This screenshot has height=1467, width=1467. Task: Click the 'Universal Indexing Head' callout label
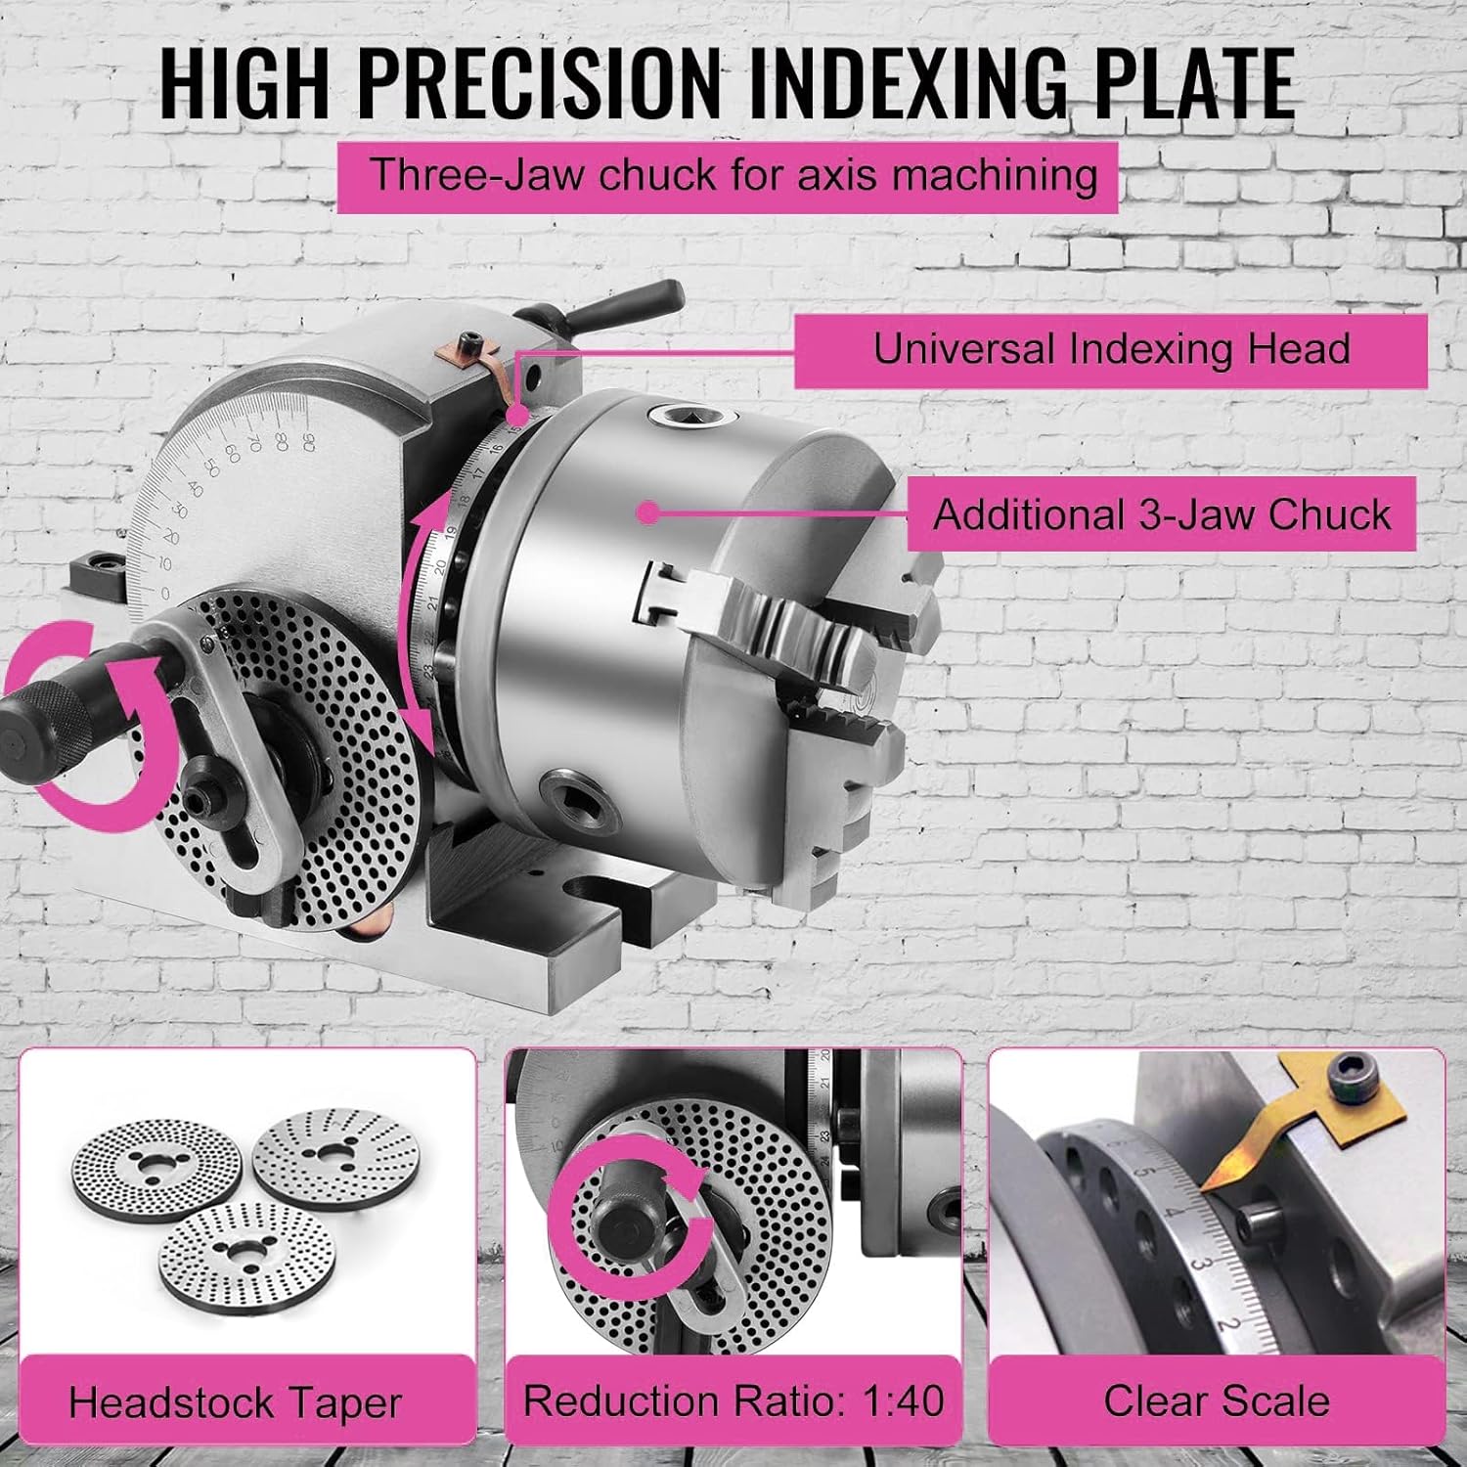1110,349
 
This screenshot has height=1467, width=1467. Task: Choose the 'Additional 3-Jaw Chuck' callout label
1161,514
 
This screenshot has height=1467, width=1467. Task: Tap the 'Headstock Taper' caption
235,1403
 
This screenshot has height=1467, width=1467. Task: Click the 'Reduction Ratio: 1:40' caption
733,1400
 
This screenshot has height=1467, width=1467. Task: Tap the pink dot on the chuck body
645,511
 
